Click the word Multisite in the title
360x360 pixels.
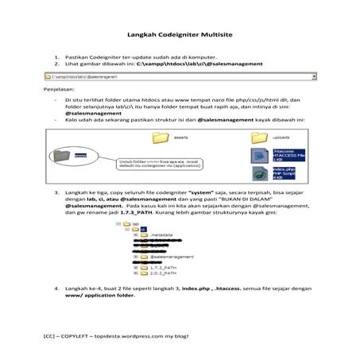[217, 35]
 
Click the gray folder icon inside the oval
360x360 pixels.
[77, 156]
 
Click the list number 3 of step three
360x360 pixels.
[56, 192]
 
